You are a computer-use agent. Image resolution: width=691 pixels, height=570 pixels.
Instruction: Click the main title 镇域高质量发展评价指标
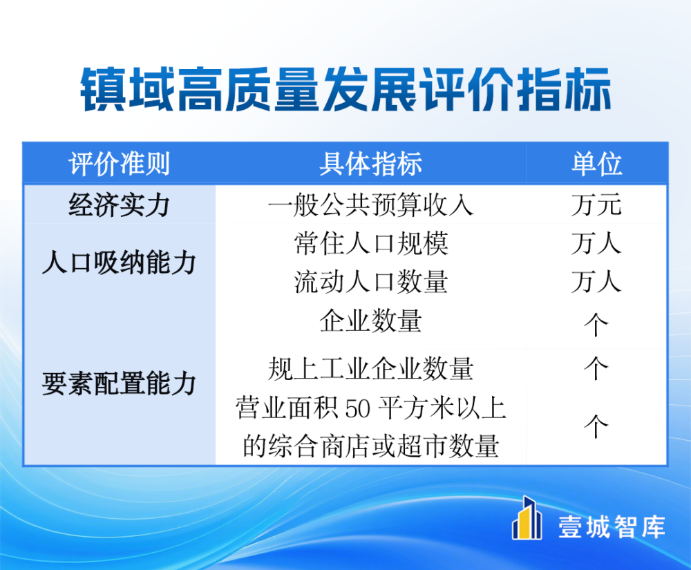(x=345, y=89)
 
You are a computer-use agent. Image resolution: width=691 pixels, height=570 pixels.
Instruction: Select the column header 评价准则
(x=119, y=164)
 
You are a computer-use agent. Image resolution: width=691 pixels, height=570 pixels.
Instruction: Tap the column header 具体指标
(x=370, y=164)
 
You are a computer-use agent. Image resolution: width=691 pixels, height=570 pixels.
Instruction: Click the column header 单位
(x=597, y=164)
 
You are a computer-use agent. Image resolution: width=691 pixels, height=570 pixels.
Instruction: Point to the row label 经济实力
(x=119, y=205)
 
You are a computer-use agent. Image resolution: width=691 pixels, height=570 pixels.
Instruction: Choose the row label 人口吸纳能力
(x=119, y=263)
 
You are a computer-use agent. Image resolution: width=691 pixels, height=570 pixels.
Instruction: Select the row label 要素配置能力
(x=119, y=383)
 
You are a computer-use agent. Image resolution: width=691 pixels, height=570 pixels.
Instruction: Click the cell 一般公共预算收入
(x=370, y=205)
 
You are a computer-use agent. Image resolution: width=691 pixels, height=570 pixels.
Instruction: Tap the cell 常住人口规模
(x=370, y=244)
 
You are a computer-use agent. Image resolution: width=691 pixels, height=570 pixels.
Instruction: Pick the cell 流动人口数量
(x=370, y=282)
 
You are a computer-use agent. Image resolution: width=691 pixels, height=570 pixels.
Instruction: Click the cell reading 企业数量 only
(x=370, y=321)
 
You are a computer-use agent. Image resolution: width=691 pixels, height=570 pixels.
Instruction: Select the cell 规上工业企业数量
(x=370, y=369)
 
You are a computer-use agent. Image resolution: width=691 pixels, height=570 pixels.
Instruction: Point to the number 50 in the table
(x=357, y=409)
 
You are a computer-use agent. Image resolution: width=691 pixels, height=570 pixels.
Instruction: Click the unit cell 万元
(x=597, y=205)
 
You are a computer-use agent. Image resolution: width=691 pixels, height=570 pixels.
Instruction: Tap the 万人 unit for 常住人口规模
(x=597, y=244)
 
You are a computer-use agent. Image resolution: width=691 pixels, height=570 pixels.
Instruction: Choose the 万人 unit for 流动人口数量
(x=597, y=282)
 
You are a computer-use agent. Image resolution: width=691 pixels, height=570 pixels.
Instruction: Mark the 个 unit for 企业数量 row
(x=596, y=325)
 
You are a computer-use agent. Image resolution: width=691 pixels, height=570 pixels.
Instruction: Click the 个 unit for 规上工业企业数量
(x=596, y=369)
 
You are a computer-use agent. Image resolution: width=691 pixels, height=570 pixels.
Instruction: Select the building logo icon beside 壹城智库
(x=527, y=518)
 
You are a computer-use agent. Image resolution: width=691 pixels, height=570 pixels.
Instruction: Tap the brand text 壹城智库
(x=612, y=526)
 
